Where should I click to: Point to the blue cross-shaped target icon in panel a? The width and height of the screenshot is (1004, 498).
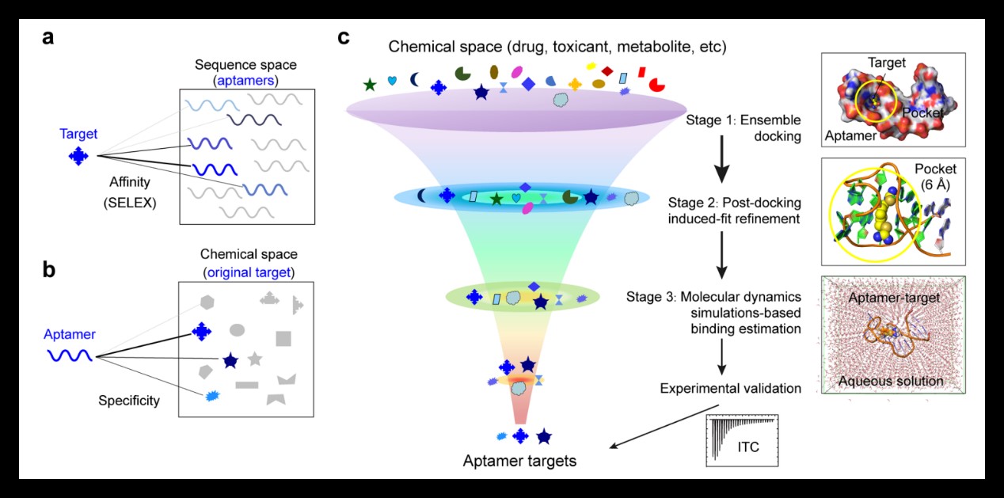pos(78,156)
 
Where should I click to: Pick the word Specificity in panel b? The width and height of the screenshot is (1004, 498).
pos(129,400)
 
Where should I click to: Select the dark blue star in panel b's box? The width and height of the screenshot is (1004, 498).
pos(230,361)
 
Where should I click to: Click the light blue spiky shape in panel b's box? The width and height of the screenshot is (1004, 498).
pos(211,395)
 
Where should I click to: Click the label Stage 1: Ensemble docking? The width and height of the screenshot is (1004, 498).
pos(744,127)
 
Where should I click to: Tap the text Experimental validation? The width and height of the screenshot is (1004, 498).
pos(729,388)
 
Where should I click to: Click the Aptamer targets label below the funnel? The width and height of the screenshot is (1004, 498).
pos(519,459)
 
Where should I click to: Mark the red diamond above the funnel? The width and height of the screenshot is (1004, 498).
pos(607,71)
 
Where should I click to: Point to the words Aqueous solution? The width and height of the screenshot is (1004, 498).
pos(891,382)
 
